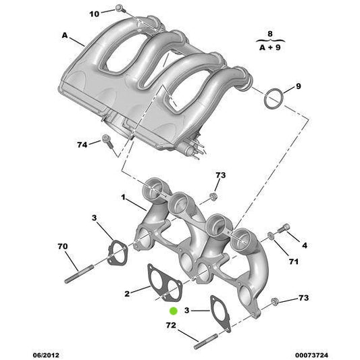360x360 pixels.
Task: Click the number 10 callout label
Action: tap(94, 14)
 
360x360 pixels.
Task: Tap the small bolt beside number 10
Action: tap(119, 7)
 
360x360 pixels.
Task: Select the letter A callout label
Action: tap(65, 35)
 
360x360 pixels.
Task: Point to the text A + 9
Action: tap(270, 48)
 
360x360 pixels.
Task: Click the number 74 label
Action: tap(82, 145)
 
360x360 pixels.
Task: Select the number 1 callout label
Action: tap(124, 198)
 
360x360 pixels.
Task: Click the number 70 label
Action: tap(63, 247)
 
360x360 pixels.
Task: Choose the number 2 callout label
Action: tap(126, 293)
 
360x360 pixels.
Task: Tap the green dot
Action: tap(173, 311)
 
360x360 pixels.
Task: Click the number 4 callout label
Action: tap(305, 245)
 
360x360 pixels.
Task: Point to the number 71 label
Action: tap(293, 261)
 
